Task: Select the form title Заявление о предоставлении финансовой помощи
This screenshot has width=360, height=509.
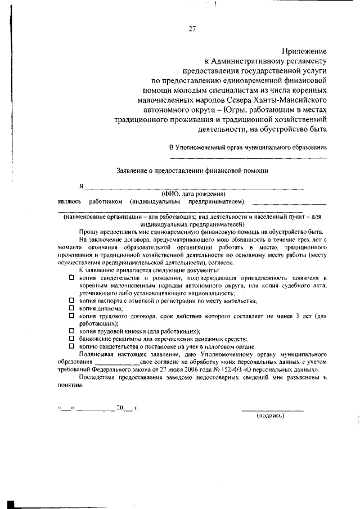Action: pos(192,170)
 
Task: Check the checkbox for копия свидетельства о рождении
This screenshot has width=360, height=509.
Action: pos(71,278)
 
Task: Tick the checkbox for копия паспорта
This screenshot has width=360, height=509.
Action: pos(71,301)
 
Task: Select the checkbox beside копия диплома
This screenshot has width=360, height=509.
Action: pos(71,308)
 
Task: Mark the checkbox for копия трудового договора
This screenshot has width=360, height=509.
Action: pos(71,316)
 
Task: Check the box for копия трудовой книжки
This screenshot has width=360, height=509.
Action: pos(71,331)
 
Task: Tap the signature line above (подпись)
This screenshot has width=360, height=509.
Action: pos(272,410)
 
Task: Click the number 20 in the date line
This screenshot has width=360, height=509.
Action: pos(119,408)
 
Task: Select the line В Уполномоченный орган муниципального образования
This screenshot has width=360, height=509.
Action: pos(248,147)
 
